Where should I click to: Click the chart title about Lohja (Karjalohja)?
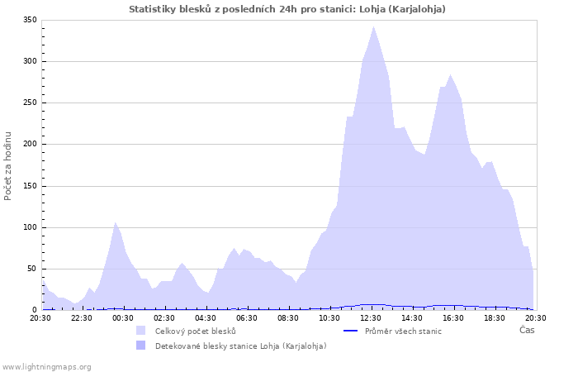(x=287, y=9)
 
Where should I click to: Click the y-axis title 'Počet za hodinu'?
(x=8, y=165)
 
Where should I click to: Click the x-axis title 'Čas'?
(x=526, y=330)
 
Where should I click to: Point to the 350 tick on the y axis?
(x=30, y=20)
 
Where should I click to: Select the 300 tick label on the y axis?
(x=30, y=61)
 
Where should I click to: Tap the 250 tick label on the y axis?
(x=30, y=103)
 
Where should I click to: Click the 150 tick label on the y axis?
(x=30, y=185)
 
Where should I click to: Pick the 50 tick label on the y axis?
(x=32, y=269)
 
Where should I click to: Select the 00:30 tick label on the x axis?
(x=123, y=317)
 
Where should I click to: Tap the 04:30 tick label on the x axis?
(x=206, y=317)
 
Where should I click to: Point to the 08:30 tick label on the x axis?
(x=288, y=317)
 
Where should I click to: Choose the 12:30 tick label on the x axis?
(x=371, y=317)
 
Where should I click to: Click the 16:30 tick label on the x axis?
(x=453, y=317)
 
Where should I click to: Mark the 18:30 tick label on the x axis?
(x=495, y=317)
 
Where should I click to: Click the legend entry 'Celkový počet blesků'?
(x=196, y=331)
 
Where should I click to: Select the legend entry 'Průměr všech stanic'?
(x=403, y=331)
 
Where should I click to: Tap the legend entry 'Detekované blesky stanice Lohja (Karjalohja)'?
(x=240, y=346)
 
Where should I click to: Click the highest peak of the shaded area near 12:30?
(x=373, y=26)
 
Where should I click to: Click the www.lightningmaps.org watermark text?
(x=46, y=366)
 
